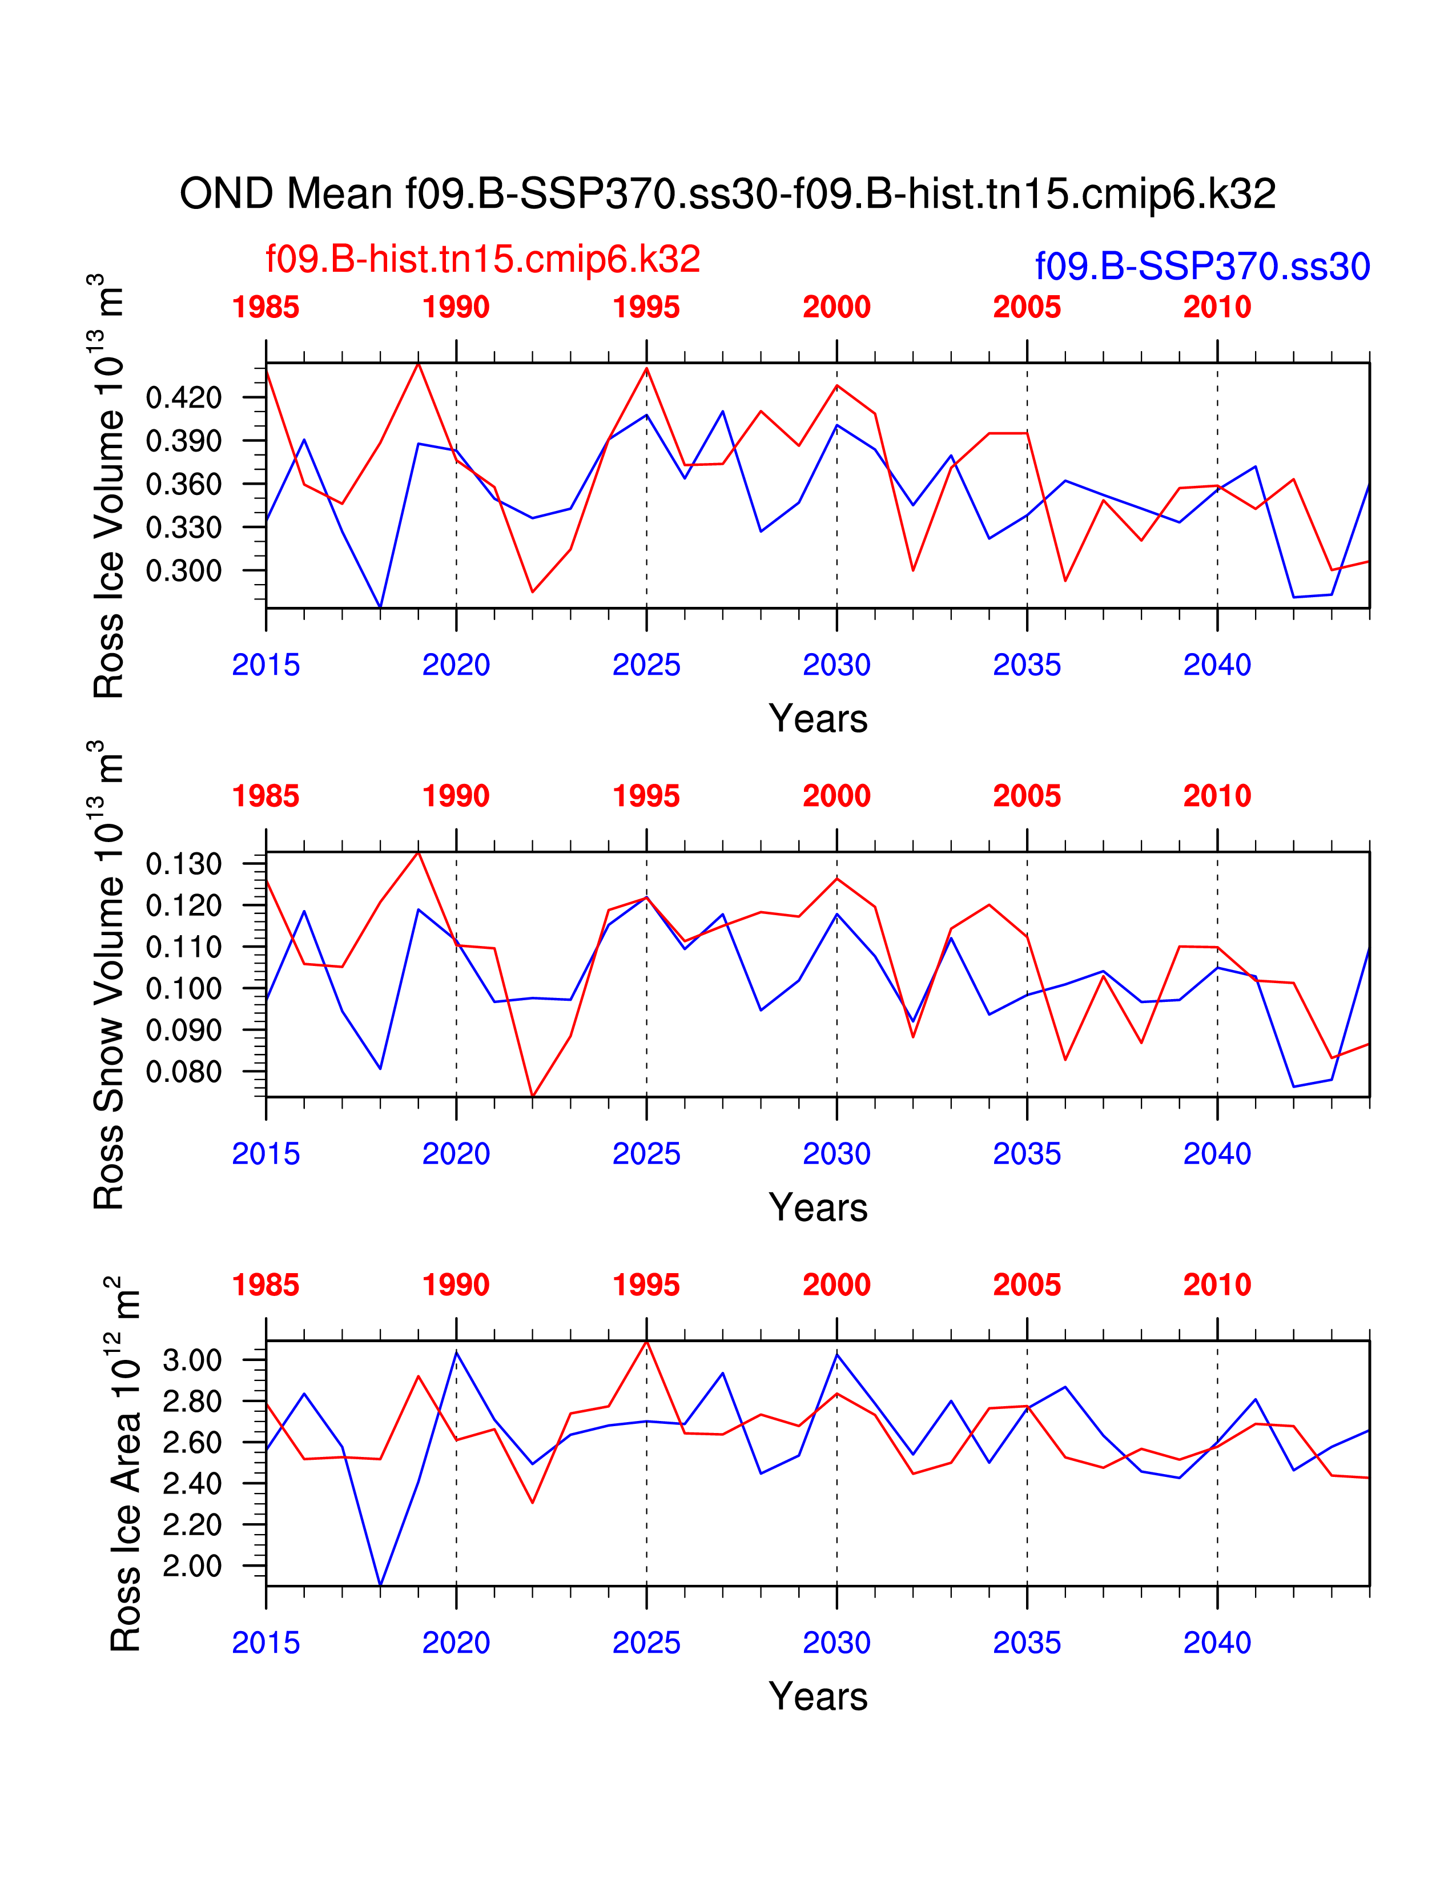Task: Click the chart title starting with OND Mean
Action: tap(727, 194)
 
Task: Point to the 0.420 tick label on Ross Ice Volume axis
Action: tap(184, 398)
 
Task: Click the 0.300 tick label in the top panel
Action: tap(184, 570)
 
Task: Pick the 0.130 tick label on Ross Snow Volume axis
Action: tap(184, 863)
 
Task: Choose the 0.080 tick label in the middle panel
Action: tap(184, 1072)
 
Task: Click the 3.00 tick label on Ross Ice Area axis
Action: tap(192, 1360)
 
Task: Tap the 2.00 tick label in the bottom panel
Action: tap(192, 1565)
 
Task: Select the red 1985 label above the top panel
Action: tap(266, 307)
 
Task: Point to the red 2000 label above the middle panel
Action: tap(836, 796)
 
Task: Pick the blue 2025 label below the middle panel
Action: tap(646, 1154)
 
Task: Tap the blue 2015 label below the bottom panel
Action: tap(266, 1643)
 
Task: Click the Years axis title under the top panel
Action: tap(818, 719)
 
